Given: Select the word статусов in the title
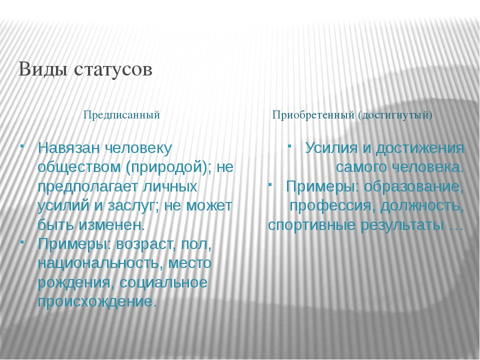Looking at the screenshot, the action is (113, 70).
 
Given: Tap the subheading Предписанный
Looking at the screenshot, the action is (121, 115).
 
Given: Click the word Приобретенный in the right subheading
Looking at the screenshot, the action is (313, 115).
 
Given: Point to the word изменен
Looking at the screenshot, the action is (111, 225).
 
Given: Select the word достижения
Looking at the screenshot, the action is (419, 149).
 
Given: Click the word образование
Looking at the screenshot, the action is (413, 186).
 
